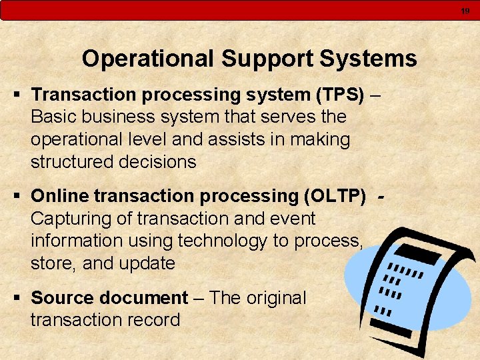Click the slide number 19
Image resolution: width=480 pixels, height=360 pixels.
(465, 11)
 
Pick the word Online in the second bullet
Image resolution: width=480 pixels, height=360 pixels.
(60, 196)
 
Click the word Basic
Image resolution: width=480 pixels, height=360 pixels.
(53, 117)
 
